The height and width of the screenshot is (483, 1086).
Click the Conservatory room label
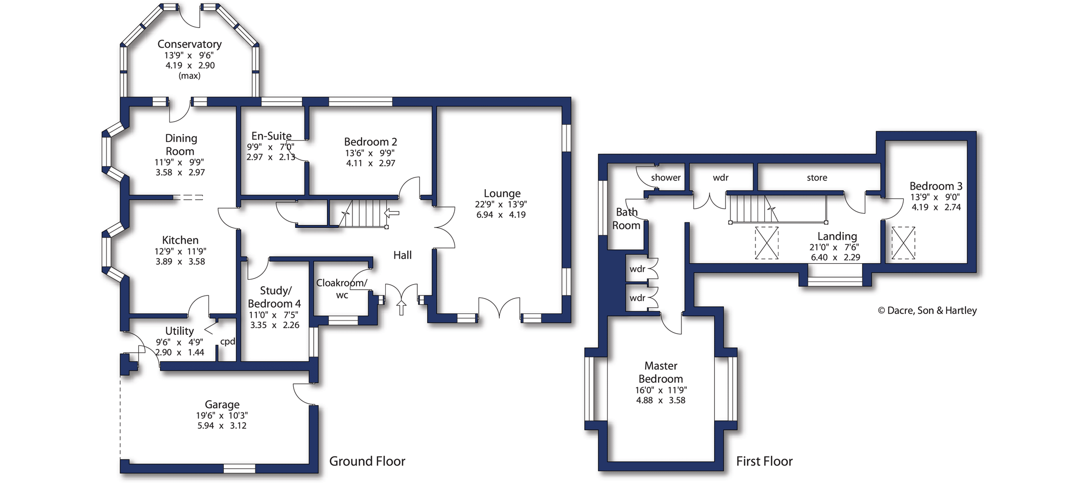click(x=189, y=44)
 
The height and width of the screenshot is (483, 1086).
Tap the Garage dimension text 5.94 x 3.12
click(x=222, y=426)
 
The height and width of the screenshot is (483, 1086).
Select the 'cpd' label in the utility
click(x=227, y=341)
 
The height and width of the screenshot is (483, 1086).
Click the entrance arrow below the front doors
click(x=402, y=308)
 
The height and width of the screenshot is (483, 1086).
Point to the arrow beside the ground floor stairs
click(x=392, y=212)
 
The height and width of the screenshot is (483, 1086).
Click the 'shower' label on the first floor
click(x=666, y=178)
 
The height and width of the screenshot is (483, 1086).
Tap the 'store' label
click(x=817, y=178)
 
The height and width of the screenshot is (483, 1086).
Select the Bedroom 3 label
click(x=935, y=186)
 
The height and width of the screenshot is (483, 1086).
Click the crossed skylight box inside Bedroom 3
click(x=903, y=243)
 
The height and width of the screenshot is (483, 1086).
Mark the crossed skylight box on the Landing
click(x=767, y=243)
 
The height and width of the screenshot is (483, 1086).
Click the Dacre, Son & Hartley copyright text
click(x=927, y=311)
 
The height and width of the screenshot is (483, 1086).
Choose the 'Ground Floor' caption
click(x=367, y=462)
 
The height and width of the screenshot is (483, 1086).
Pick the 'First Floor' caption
click(x=764, y=462)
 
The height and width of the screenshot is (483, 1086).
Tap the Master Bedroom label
click(x=660, y=373)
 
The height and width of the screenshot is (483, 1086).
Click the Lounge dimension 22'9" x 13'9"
click(x=501, y=204)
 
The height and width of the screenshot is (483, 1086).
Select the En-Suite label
click(x=271, y=136)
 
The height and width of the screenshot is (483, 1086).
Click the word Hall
click(x=402, y=255)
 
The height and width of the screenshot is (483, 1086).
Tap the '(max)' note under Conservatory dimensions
click(x=190, y=76)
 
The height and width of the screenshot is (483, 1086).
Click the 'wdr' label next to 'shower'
click(x=720, y=178)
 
